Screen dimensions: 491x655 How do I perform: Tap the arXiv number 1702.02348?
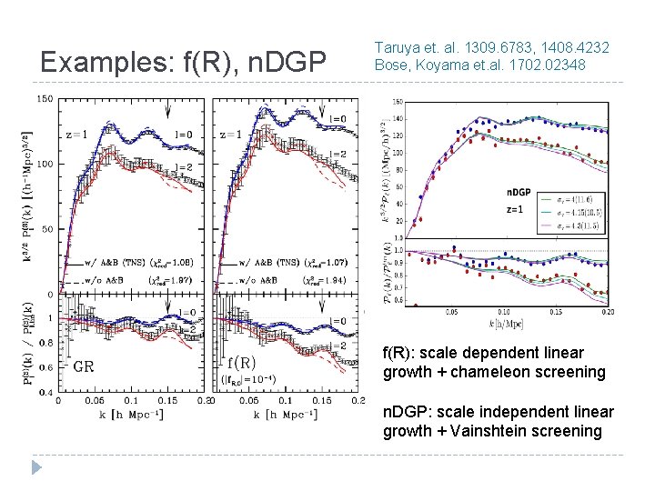(554, 65)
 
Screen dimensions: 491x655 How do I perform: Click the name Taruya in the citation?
(397, 46)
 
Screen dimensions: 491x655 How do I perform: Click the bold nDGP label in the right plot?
(519, 193)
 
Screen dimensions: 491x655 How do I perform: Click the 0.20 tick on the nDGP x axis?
(607, 312)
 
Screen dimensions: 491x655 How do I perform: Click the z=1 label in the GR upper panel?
(78, 134)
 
